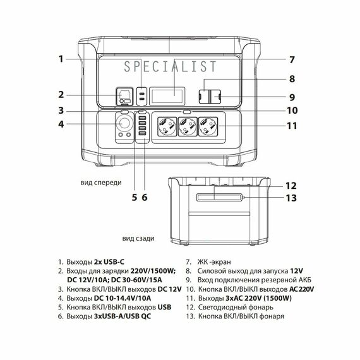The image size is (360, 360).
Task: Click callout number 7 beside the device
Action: pos(292,60)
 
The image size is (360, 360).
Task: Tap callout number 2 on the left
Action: pos(61,95)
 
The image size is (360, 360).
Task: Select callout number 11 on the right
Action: pos(292,126)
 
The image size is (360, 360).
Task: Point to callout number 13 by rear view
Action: pos(291,198)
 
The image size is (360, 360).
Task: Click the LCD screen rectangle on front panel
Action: pos(167,96)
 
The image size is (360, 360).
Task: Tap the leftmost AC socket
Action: pos(167,126)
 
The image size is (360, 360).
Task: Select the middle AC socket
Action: pos(188,126)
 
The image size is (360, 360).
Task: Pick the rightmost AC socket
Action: pos(208,126)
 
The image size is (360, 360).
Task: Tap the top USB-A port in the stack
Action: pos(142,118)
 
